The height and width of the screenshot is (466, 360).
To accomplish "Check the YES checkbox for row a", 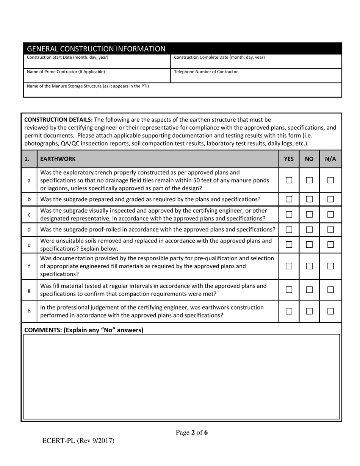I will (x=289, y=180).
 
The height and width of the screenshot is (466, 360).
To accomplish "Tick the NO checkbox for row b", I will (x=309, y=199).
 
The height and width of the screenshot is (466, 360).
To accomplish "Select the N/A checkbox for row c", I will (x=330, y=214).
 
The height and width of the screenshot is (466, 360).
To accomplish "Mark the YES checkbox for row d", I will (x=289, y=230).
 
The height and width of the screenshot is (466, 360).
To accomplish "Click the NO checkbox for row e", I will (x=309, y=245).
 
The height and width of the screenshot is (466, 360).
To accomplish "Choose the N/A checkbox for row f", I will (x=330, y=266).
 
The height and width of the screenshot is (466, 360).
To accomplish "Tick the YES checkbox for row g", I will (x=289, y=290).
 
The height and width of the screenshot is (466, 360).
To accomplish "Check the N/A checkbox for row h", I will (x=330, y=311).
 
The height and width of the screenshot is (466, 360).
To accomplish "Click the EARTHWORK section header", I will (x=58, y=159).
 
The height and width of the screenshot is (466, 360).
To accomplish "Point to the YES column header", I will (x=289, y=159).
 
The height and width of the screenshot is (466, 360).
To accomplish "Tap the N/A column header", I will (x=330, y=159).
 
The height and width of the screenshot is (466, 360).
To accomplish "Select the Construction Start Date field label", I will (x=67, y=58).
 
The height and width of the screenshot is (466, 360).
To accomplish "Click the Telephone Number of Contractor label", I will (x=206, y=72).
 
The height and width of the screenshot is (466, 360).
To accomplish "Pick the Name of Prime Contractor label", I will (x=66, y=72).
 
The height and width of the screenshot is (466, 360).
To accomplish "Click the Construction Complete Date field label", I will (x=219, y=58).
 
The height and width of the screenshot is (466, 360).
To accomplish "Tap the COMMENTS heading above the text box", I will (x=84, y=330).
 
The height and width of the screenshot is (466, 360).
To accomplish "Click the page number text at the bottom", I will (x=192, y=433).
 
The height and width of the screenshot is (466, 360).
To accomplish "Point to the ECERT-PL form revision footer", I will (x=78, y=441).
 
